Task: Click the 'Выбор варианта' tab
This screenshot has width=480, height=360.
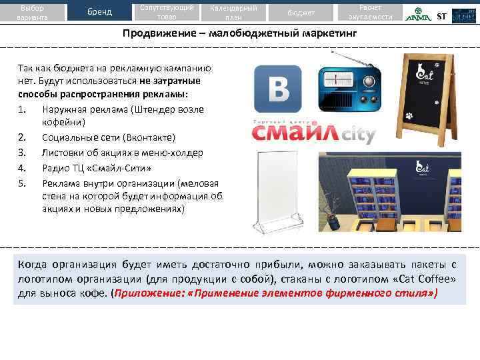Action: [32, 12]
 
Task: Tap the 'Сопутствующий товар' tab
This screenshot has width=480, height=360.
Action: [167, 12]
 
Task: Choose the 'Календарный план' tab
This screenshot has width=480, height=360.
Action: [233, 12]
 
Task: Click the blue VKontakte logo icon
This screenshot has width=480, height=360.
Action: [278, 88]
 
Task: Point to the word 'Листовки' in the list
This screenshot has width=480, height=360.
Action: [61, 152]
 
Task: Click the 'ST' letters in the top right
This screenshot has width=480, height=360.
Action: [441, 16]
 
